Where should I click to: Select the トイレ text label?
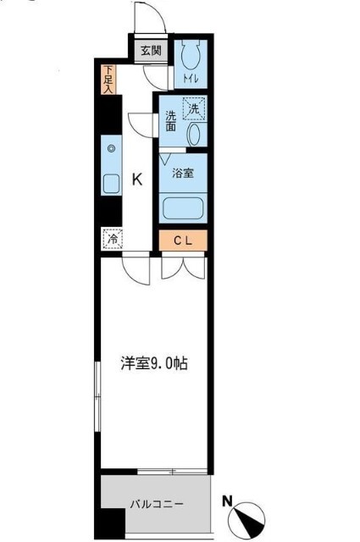[191, 80]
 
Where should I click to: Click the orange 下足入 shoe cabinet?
[108, 80]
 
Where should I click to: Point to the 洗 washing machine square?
[195, 109]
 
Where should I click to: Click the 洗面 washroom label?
[170, 121]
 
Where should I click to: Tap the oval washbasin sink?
[193, 134]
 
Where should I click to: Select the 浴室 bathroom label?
[183, 174]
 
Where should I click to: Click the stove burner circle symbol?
[110, 149]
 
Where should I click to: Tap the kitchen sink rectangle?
[110, 184]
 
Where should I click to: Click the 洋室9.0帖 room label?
[152, 363]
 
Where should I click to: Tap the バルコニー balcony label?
[157, 504]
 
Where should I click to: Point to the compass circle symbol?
[248, 516]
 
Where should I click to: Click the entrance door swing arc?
[146, 17]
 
